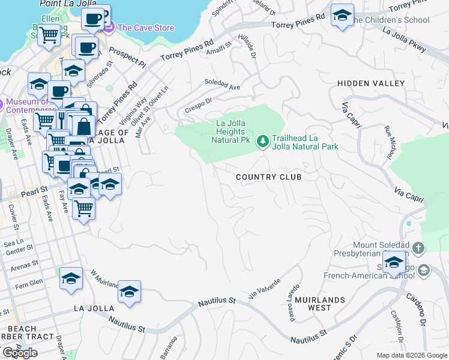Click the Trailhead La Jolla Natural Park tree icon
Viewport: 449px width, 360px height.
tap(262, 142)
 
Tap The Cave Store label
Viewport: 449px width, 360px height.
tap(146, 28)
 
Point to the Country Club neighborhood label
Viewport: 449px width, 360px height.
tap(268, 177)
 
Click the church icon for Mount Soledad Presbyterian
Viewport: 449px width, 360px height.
tap(418, 247)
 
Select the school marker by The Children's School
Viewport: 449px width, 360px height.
tap(342, 16)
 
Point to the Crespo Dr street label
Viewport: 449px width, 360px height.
tap(199, 104)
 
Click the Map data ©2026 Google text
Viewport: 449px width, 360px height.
tap(412, 355)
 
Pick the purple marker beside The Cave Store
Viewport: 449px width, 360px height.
tap(109, 27)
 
